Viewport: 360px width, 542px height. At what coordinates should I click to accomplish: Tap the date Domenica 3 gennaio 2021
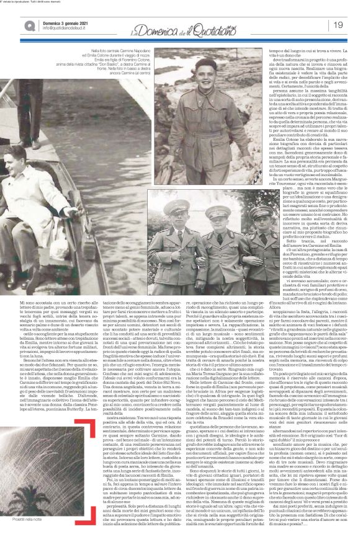pyautogui.click(x=63, y=21)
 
